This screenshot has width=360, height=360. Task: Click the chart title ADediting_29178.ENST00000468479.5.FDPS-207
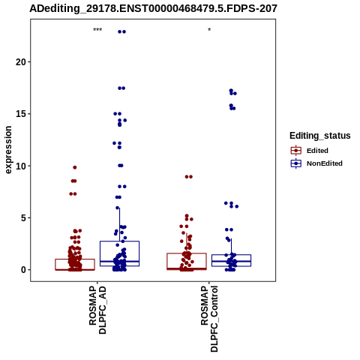coord(153,8)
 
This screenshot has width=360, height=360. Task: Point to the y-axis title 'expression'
coord(8,150)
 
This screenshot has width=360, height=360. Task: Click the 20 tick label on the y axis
coord(21,61)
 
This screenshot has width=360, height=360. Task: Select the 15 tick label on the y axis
coord(21,114)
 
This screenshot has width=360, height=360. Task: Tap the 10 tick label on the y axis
coord(21,166)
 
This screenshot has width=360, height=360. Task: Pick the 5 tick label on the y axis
coord(24,217)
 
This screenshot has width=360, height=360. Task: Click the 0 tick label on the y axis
coord(24,270)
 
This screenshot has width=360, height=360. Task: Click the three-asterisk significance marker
coord(97,30)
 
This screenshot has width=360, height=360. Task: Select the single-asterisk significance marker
coord(209,30)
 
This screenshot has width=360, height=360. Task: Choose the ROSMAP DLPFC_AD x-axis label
coord(97,310)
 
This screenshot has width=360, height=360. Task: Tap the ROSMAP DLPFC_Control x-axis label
coord(209,319)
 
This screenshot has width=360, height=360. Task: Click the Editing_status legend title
coord(320,136)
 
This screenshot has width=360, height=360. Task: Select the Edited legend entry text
coord(317,151)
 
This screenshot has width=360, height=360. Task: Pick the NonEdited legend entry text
coord(325,163)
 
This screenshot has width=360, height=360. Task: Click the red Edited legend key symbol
coord(296,151)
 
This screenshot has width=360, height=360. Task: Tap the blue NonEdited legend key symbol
coord(296,163)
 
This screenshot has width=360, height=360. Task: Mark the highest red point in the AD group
coord(74,167)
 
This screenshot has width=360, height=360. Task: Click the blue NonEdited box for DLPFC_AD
coord(119,241)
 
